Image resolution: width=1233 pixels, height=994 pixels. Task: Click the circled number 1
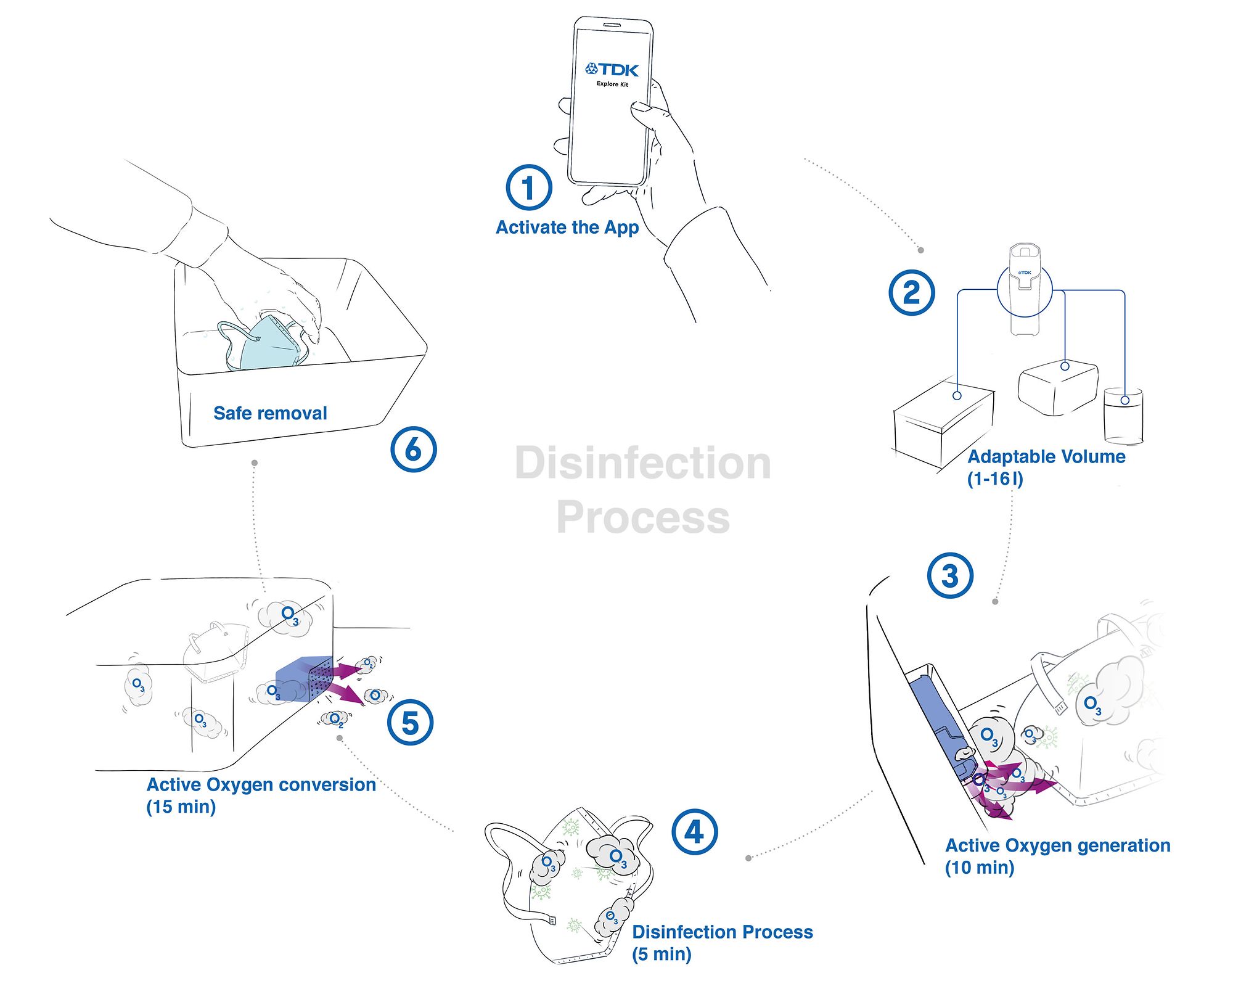point(528,187)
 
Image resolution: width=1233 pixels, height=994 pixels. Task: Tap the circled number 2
point(911,292)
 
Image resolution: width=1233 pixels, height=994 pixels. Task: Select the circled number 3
point(950,576)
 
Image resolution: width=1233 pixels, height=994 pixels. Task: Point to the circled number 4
point(695,832)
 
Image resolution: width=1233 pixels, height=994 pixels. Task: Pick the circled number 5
point(410,723)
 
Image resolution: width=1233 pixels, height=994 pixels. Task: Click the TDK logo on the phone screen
point(612,69)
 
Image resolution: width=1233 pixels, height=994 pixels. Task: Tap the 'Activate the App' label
point(567,228)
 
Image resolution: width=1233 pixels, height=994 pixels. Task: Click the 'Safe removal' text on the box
point(270,413)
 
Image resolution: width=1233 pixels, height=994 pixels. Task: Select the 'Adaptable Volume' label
point(1046,457)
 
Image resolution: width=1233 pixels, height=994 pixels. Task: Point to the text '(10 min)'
point(979,868)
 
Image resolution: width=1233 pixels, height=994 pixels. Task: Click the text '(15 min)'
point(181,807)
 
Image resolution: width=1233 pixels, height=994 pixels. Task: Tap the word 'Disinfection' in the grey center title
point(642,463)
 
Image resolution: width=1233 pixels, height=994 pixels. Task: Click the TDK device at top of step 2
point(1025,289)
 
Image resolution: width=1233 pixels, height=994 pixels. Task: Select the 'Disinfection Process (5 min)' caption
point(722,943)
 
